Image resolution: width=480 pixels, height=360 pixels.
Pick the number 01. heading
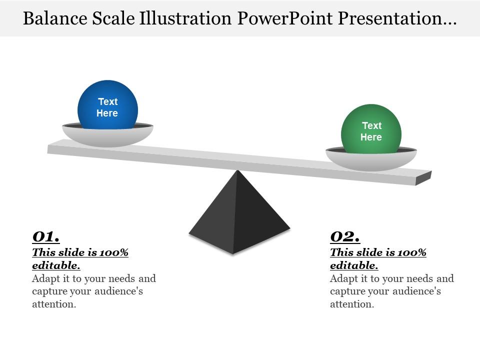[46, 236]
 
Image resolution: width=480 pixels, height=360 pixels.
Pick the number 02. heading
[345, 236]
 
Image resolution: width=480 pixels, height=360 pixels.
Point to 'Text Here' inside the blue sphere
[107, 107]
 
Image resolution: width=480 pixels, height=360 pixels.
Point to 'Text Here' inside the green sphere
[371, 131]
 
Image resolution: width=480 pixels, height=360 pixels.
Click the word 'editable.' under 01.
[56, 265]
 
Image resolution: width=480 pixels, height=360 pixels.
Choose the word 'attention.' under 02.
[352, 304]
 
